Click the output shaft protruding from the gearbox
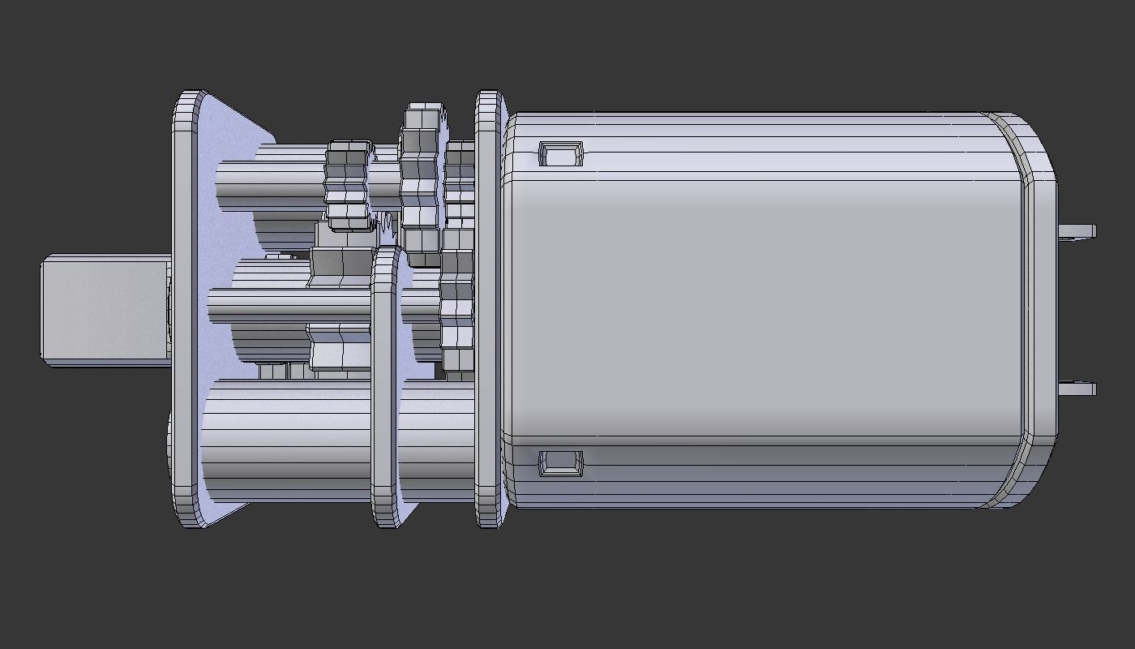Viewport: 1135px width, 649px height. (105, 311)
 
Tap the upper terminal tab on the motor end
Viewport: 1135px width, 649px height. (1077, 231)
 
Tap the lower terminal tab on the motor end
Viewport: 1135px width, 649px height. (1077, 388)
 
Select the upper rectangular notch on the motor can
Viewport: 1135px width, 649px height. (561, 153)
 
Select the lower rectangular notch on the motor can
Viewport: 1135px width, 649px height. (561, 462)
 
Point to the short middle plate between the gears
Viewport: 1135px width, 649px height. (384, 389)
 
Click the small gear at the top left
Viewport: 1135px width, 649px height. (347, 185)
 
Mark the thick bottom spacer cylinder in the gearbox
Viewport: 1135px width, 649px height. (284, 442)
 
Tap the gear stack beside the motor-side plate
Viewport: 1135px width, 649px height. (459, 260)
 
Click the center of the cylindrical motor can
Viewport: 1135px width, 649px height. (762, 308)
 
